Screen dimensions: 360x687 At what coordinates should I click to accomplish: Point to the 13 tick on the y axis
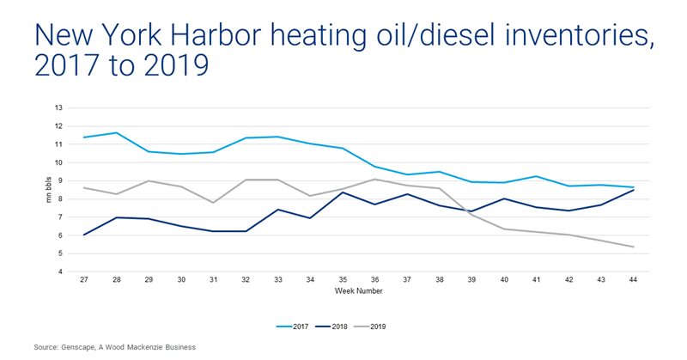(x=59, y=107)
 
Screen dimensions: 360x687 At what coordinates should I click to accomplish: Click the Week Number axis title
(x=358, y=291)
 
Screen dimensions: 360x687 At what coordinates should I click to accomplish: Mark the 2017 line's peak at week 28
(x=116, y=132)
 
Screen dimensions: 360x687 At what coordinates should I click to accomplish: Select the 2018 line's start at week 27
(x=83, y=235)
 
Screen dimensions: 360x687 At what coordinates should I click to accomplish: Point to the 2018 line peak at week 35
(x=343, y=192)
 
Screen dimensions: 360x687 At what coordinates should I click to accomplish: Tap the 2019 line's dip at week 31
(x=213, y=203)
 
